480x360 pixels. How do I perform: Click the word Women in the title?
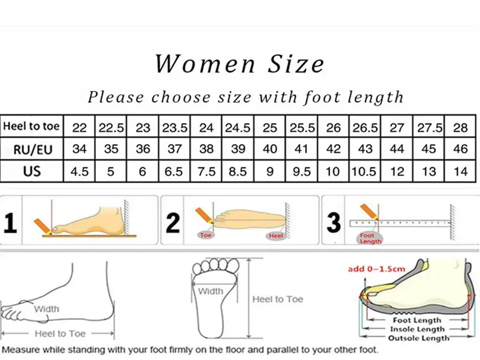coord(205,64)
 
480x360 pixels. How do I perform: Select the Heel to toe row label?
coord(31,126)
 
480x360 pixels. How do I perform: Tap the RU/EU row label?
coord(33,149)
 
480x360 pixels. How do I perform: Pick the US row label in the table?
coord(32,172)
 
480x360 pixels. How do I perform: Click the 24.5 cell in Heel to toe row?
coord(238,127)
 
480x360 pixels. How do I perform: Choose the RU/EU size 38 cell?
coord(206,149)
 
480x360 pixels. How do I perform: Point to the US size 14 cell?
coord(460,172)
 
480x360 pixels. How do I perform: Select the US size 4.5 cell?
coord(79,172)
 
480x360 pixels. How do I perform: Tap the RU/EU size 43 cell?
coord(365,149)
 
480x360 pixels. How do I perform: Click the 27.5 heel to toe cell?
coord(430,128)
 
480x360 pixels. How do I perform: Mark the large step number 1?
coord(10,223)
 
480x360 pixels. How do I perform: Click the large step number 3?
coord(334,223)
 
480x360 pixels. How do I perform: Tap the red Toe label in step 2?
coord(205,235)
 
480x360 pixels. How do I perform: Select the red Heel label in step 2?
coord(275,235)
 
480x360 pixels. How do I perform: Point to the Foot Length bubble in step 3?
coord(370,238)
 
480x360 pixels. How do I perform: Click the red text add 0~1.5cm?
coord(377,269)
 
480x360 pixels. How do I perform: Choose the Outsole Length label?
coord(418,338)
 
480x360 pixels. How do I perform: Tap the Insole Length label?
coord(417,329)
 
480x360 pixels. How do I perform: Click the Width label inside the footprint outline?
coord(211,291)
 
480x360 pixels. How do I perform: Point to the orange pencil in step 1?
coord(43,226)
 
